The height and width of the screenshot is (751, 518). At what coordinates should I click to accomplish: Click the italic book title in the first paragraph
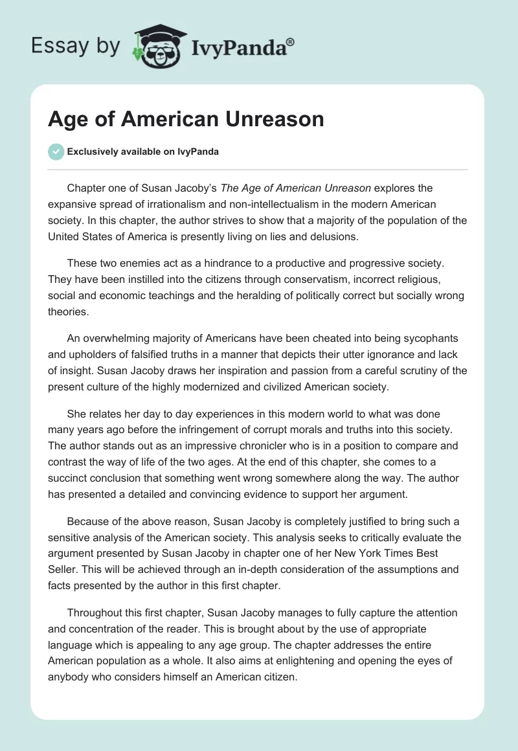(295, 188)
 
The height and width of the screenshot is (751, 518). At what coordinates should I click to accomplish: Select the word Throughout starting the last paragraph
(96, 612)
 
